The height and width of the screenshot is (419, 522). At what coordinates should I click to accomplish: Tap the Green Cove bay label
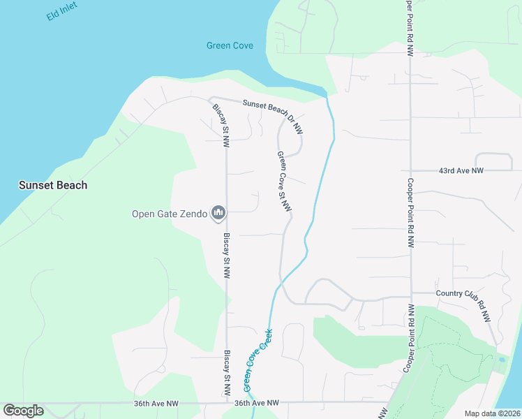(x=230, y=46)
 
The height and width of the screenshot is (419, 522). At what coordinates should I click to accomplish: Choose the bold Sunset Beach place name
(x=53, y=185)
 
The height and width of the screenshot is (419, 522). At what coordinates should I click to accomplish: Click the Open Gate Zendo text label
(x=170, y=214)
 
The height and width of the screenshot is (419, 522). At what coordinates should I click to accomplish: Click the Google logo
(x=23, y=411)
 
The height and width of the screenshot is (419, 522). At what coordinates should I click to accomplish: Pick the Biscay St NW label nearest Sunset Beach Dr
(x=221, y=124)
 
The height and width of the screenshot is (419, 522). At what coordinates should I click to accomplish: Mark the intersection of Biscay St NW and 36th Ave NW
(x=227, y=403)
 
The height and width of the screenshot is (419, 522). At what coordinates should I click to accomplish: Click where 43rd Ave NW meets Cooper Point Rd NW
(x=410, y=170)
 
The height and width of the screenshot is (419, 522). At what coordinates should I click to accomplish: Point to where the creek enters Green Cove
(x=325, y=94)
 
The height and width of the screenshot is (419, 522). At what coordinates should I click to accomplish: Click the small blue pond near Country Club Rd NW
(x=502, y=360)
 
